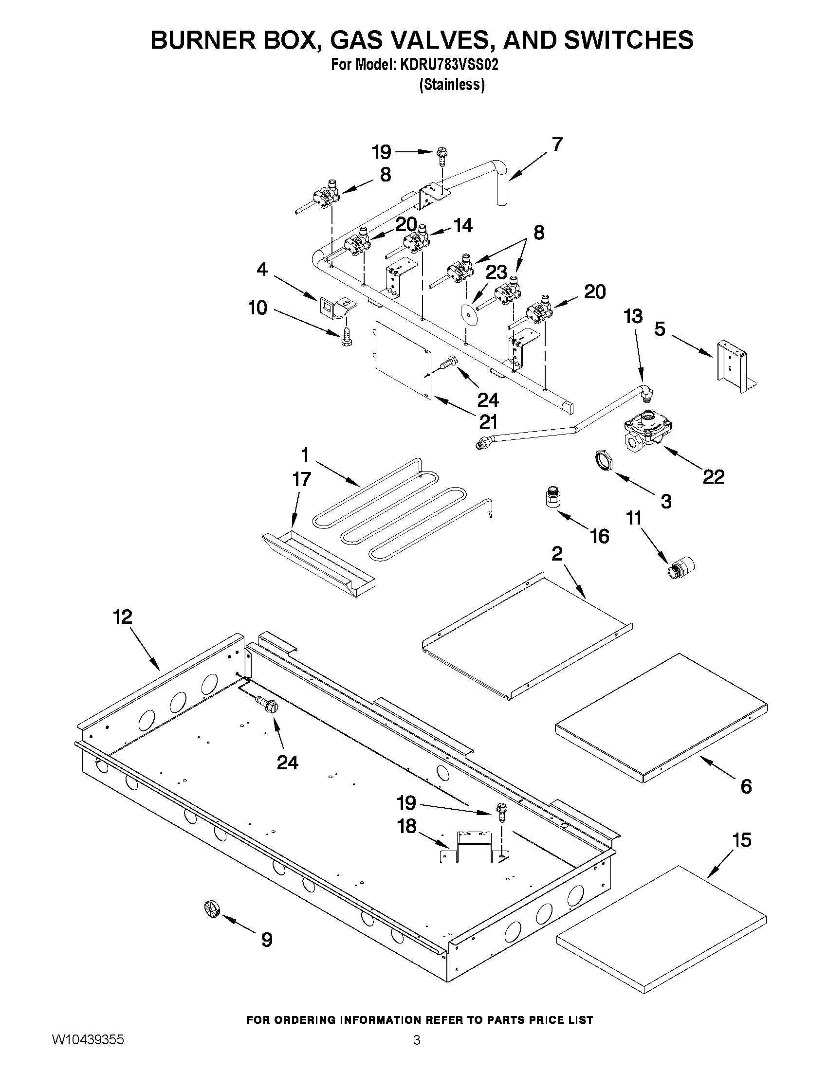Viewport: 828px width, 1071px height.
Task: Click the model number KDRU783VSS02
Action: pyautogui.click(x=449, y=65)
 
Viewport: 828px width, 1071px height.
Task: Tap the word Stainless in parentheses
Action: pyautogui.click(x=452, y=85)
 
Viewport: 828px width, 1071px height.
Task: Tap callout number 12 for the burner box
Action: pyautogui.click(x=123, y=617)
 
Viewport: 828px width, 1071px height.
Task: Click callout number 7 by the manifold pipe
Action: pyautogui.click(x=557, y=144)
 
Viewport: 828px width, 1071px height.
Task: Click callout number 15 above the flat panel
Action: pyautogui.click(x=742, y=840)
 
